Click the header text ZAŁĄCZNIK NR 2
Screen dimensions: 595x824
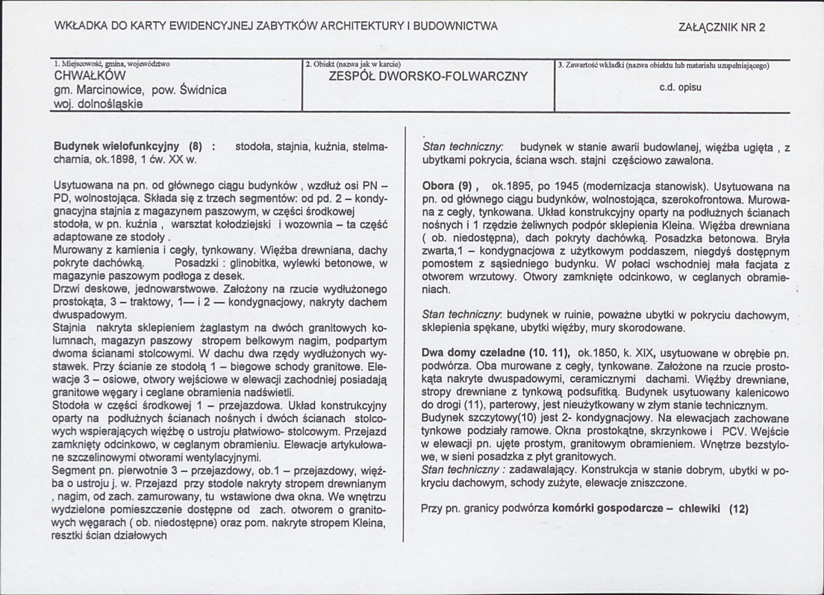pos(722,28)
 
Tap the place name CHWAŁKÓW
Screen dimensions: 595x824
pos(89,76)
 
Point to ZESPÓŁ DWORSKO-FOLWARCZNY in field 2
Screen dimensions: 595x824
pos(429,76)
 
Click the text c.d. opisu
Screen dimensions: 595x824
pos(680,88)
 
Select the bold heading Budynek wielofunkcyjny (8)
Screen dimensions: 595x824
pos(127,147)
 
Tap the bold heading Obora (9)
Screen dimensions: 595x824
pos(450,186)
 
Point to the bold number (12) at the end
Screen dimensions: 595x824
pos(739,509)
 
